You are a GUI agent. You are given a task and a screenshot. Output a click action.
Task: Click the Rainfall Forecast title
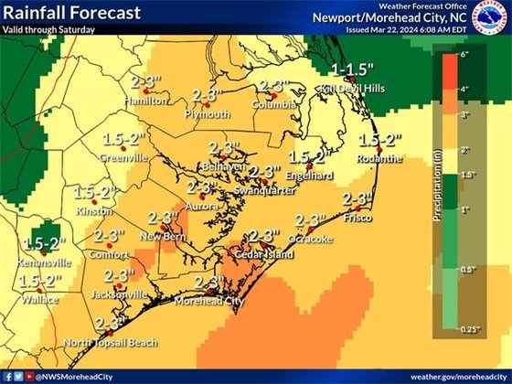[70, 14]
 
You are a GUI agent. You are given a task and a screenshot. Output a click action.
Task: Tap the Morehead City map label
[209, 300]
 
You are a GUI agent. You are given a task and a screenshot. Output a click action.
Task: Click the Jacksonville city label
[119, 294]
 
